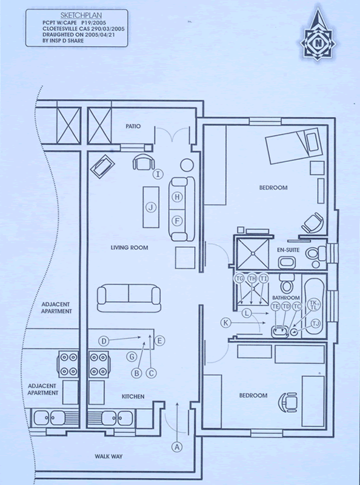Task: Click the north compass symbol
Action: tap(318, 35)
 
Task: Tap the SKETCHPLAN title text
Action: tap(81, 16)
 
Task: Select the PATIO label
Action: tap(133, 126)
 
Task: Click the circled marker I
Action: tap(158, 174)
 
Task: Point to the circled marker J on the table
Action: tap(151, 207)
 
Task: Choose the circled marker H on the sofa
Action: tap(177, 197)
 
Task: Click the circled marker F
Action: tap(177, 221)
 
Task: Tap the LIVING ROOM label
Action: tap(129, 248)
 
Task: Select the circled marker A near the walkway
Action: tap(177, 447)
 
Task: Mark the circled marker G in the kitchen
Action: tap(132, 356)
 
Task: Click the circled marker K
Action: tap(226, 323)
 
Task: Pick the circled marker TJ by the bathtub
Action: tap(316, 324)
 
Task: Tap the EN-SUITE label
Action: tap(288, 250)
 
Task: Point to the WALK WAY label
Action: tap(108, 457)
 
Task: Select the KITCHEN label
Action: tap(133, 396)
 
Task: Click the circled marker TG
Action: tap(239, 278)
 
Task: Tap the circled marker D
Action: tap(104, 341)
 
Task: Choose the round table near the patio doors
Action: tap(187, 165)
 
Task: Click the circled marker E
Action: tap(159, 341)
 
